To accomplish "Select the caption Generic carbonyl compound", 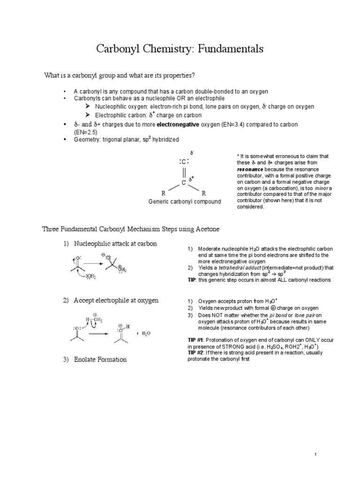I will (184, 202).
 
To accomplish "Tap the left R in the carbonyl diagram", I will (163, 193).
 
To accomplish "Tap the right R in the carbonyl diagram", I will (204, 193).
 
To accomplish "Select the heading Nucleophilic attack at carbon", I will (115, 243).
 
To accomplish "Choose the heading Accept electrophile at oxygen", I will (116, 300).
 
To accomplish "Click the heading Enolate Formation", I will (100, 360).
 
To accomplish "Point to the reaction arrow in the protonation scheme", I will (98, 334).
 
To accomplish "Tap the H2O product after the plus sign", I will (146, 333).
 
